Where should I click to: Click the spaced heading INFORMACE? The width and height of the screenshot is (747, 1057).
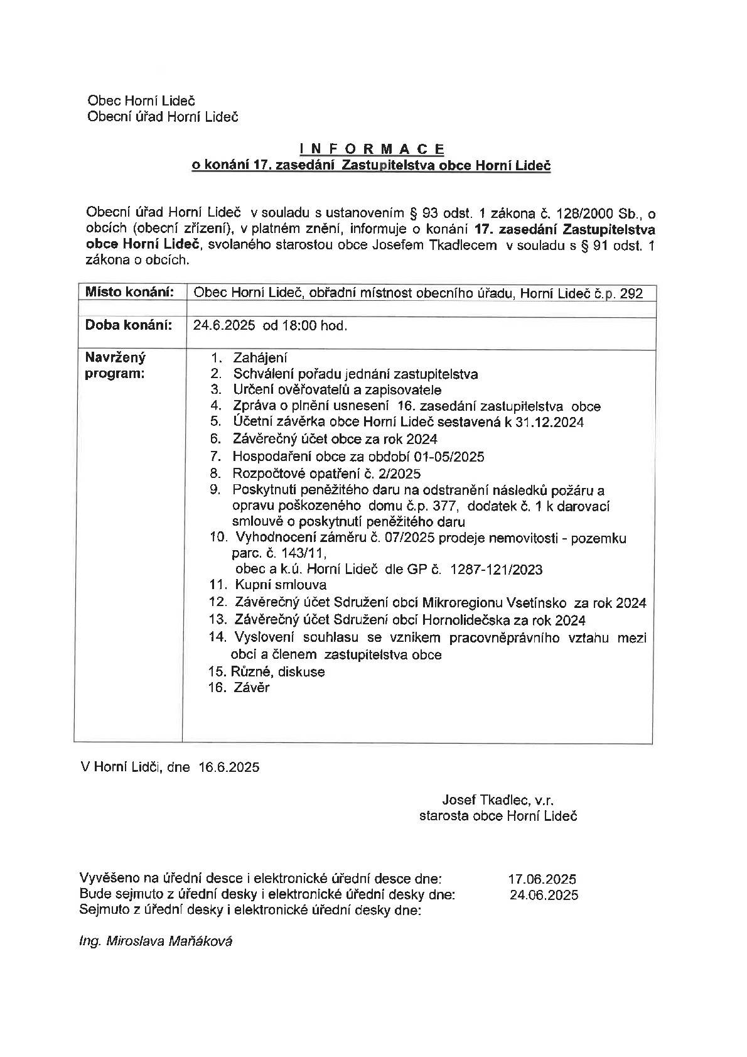pyautogui.click(x=372, y=149)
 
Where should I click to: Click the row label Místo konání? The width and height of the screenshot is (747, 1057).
pyautogui.click(x=128, y=292)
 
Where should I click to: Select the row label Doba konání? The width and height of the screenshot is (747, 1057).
pyautogui.click(x=128, y=325)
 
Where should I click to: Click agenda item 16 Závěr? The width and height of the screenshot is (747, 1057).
pyautogui.click(x=250, y=688)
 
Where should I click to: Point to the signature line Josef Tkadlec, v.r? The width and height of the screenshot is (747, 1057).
pyautogui.click(x=498, y=800)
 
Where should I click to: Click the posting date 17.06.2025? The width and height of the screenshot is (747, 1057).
pyautogui.click(x=542, y=879)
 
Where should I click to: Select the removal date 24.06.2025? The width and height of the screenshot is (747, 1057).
pyautogui.click(x=544, y=895)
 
